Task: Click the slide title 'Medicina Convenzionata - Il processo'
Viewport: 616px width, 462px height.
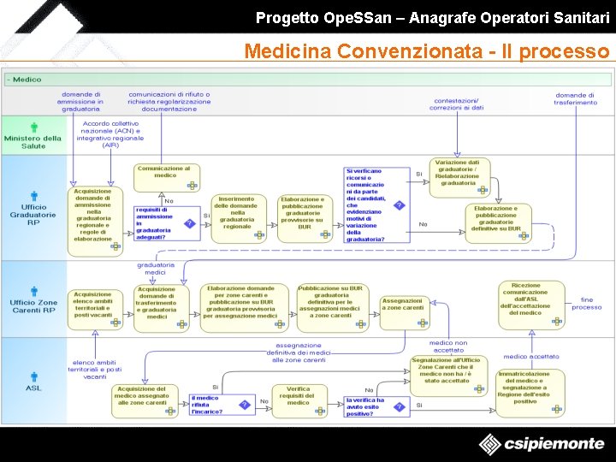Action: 426,51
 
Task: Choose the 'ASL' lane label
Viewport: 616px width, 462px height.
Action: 33,382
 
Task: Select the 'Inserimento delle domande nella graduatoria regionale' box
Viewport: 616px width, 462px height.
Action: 237,213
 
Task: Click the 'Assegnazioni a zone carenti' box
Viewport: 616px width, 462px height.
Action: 402,307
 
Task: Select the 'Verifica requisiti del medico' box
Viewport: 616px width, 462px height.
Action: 299,399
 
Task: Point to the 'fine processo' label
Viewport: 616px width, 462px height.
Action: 586,304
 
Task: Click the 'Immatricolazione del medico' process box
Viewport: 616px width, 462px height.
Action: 530,391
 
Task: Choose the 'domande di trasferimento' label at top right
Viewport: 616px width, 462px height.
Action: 575,98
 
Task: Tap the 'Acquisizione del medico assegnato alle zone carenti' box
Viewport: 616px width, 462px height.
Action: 142,399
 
